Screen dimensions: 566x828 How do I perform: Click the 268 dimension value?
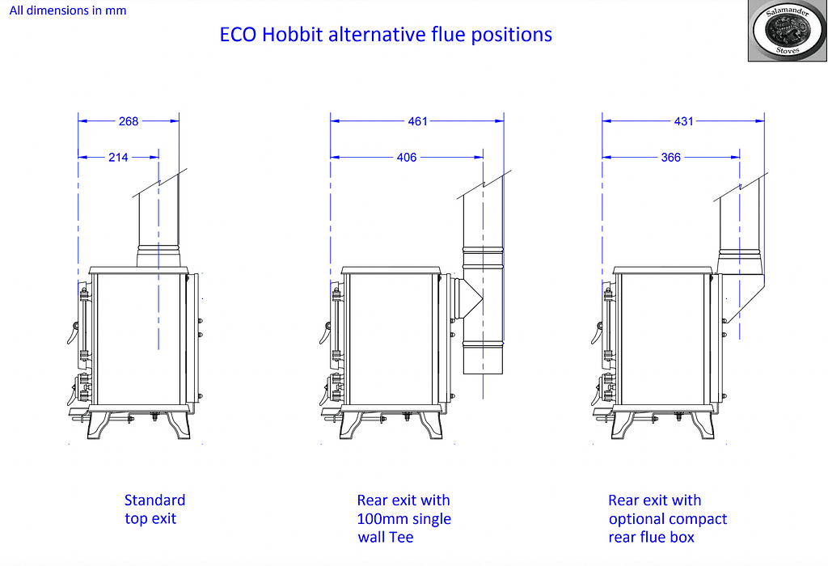point(129,121)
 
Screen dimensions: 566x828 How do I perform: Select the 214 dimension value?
point(118,157)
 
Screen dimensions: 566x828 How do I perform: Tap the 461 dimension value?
point(417,121)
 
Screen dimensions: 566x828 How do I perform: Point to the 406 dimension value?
point(407,157)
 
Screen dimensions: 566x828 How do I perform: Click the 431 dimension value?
point(683,121)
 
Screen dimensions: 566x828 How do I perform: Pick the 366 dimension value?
point(670,157)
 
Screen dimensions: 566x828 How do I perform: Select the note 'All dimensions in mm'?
point(68,11)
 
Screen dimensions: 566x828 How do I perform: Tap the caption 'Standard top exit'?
point(154,509)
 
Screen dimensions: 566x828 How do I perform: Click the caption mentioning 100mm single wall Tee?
point(403,519)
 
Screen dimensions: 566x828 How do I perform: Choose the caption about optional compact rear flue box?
point(667,519)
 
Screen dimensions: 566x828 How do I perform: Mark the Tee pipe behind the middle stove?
point(483,307)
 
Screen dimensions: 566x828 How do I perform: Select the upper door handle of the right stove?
point(597,332)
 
